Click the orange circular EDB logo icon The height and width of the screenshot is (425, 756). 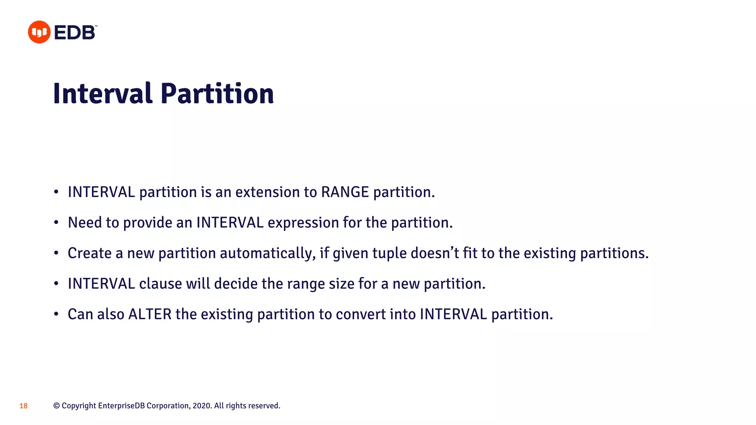[39, 32]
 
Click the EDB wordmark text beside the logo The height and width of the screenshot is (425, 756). [75, 32]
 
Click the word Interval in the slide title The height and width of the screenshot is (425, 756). [103, 94]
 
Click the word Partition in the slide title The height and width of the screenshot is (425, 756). [217, 94]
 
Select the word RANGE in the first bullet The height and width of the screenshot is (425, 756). [345, 192]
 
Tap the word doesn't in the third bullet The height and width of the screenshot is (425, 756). [434, 253]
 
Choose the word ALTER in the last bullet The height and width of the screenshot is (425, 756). [150, 315]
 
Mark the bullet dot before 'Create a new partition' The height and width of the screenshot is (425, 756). [56, 253]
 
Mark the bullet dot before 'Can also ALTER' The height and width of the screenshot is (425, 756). [56, 314]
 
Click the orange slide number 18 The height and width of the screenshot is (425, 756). [24, 406]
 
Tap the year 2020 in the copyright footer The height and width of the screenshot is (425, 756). [202, 406]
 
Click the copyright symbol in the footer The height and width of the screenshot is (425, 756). [56, 406]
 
